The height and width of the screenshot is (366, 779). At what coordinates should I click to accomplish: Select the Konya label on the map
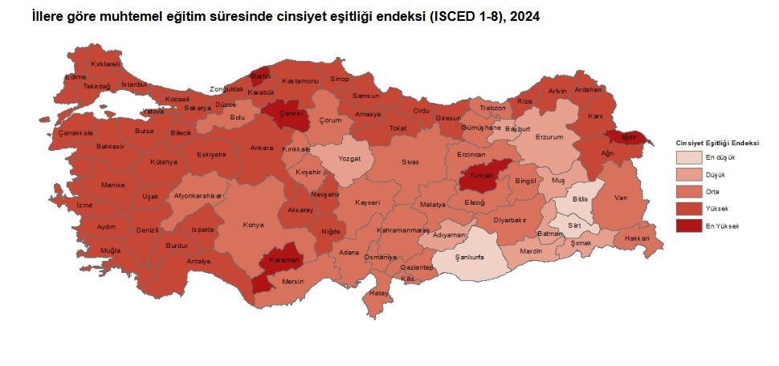pyautogui.click(x=254, y=225)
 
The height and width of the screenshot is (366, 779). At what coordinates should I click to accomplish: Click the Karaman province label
pyautogui.click(x=284, y=261)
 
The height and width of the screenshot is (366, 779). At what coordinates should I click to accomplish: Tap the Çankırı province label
pyautogui.click(x=289, y=114)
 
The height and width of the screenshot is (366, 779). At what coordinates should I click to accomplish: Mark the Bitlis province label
pyautogui.click(x=581, y=197)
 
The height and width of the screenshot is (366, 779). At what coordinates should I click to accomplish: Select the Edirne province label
pyautogui.click(x=75, y=77)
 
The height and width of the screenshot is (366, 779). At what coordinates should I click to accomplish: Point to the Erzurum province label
pyautogui.click(x=549, y=137)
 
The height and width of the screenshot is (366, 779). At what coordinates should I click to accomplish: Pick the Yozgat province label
pyautogui.click(x=349, y=158)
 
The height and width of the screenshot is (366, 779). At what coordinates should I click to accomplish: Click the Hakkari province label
pyautogui.click(x=636, y=239)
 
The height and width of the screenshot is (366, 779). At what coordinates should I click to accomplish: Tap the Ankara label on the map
pyautogui.click(x=262, y=148)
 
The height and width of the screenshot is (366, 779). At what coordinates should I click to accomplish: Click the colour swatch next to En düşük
pyautogui.click(x=688, y=157)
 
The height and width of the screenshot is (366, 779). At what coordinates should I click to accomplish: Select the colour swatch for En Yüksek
pyautogui.click(x=688, y=226)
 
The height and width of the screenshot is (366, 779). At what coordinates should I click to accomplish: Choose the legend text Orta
pyautogui.click(x=712, y=192)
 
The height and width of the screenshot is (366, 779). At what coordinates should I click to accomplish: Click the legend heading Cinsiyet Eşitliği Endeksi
pyautogui.click(x=717, y=143)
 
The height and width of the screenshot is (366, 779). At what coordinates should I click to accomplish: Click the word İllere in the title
pyautogui.click(x=49, y=15)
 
